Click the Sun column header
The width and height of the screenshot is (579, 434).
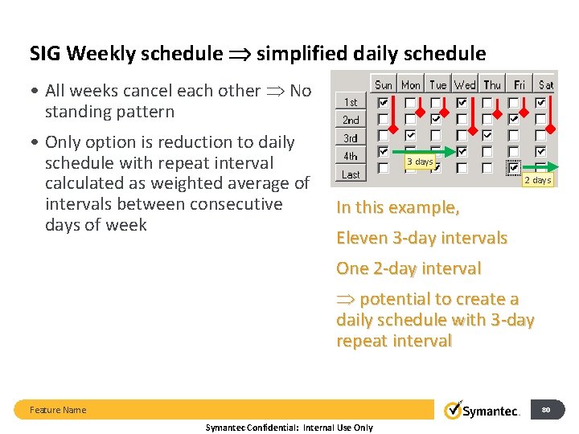[x=384, y=84]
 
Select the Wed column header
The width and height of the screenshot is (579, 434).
[x=465, y=84]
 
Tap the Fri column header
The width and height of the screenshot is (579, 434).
[x=519, y=84]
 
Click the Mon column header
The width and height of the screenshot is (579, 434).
[x=411, y=84]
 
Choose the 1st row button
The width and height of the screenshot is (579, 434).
[x=351, y=102]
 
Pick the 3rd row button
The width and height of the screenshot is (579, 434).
[x=351, y=138]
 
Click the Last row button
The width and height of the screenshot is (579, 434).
[x=351, y=174]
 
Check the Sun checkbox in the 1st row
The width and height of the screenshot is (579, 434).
[x=384, y=103]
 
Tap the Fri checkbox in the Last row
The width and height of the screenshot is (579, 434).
[x=515, y=168]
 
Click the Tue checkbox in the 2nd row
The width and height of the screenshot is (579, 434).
[x=436, y=119]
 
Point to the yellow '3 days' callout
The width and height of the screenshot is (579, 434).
[x=420, y=162]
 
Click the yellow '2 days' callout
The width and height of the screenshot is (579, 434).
[x=537, y=180]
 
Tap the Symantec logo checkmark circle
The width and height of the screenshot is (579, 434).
[x=454, y=410]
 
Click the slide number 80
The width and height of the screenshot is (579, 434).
[x=546, y=410]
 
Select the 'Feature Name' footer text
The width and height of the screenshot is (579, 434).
[x=58, y=410]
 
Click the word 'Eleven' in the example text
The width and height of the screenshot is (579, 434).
[x=362, y=238]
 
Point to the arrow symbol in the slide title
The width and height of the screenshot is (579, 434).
[x=239, y=54]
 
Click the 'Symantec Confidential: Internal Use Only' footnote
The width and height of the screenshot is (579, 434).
[x=289, y=428]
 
